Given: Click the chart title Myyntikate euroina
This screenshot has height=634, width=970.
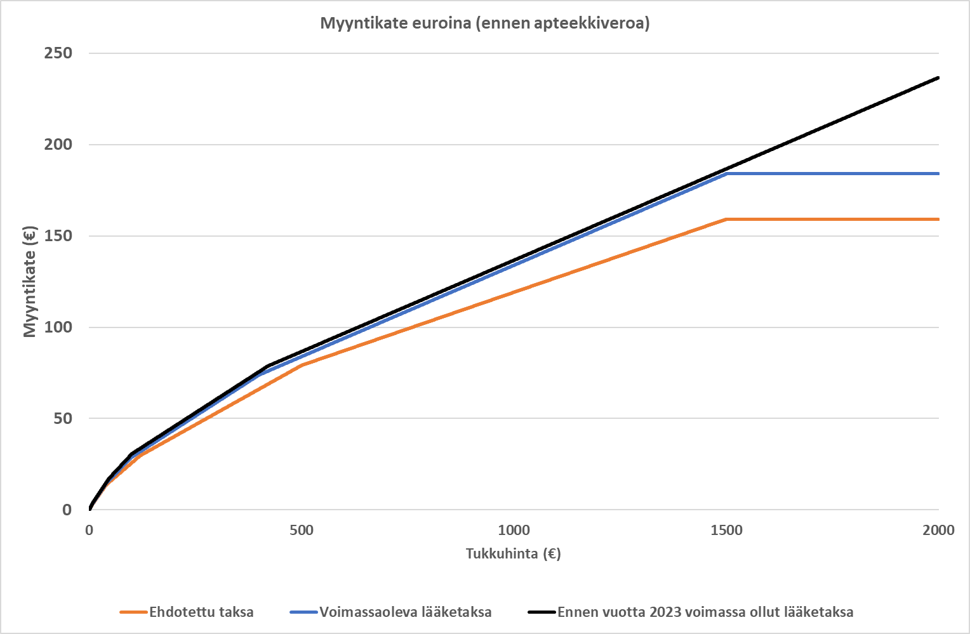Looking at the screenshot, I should pyautogui.click(x=484, y=23).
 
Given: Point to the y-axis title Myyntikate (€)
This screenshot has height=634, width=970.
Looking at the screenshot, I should pyautogui.click(x=30, y=281).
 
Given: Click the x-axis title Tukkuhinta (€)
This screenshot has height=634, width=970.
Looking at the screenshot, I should pyautogui.click(x=513, y=553).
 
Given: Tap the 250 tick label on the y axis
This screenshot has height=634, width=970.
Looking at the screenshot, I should pyautogui.click(x=58, y=53).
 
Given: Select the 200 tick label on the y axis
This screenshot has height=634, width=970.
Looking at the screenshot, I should pyautogui.click(x=58, y=144).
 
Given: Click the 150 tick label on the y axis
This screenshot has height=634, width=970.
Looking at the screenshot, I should pyautogui.click(x=58, y=235).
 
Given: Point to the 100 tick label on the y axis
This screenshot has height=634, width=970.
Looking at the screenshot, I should pyautogui.click(x=58, y=327).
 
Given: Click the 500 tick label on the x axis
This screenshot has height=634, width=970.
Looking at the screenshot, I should pyautogui.click(x=302, y=531).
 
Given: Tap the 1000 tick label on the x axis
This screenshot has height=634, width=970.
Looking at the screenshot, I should pyautogui.click(x=514, y=531).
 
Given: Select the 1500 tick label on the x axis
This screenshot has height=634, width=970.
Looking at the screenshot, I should pyautogui.click(x=726, y=531).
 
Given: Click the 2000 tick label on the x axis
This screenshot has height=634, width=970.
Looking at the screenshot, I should pyautogui.click(x=938, y=531).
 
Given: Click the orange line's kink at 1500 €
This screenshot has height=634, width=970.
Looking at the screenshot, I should pyautogui.click(x=726, y=219).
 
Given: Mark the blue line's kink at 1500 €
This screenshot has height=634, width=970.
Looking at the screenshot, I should pyautogui.click(x=726, y=173).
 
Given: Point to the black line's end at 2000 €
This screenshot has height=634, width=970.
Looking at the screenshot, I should pyautogui.click(x=938, y=77).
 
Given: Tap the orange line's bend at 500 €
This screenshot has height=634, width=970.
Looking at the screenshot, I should pyautogui.click(x=302, y=365).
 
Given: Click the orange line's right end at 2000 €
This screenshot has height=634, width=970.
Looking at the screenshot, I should pyautogui.click(x=938, y=219).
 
